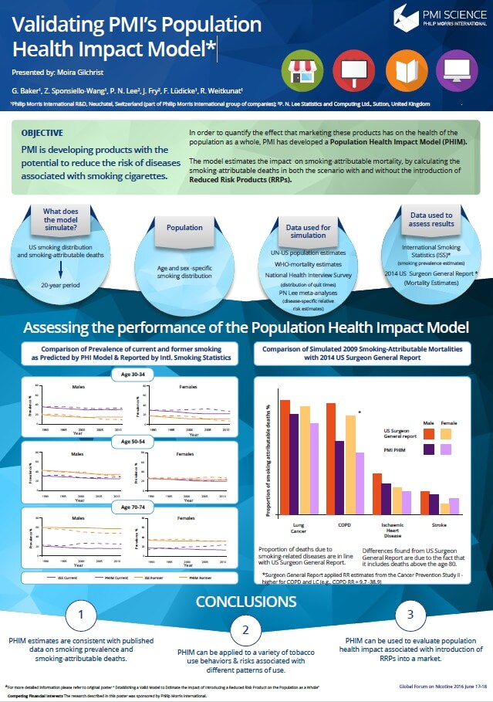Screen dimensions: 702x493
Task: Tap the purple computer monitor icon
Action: click(454, 73)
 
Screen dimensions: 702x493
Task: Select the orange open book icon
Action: click(402, 73)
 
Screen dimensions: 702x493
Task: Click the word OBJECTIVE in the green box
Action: click(42, 133)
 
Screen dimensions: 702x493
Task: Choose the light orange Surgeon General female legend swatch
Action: click(446, 433)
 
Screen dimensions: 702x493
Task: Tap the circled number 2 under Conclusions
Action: click(245, 630)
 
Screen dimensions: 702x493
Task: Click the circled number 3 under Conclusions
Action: click(410, 614)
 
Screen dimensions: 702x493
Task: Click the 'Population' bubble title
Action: click(184, 228)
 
